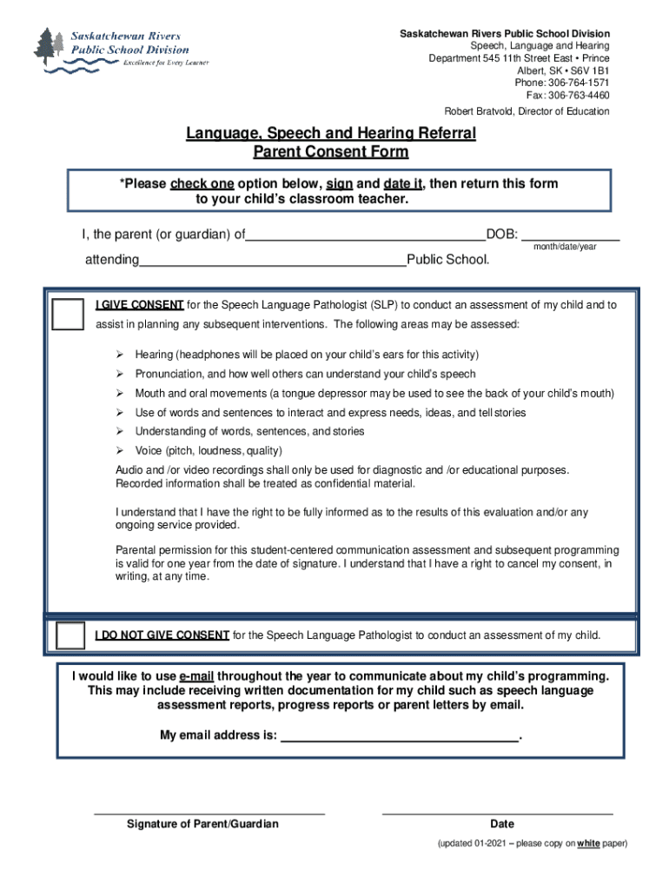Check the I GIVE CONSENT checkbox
[68, 314]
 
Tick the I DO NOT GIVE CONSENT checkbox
[70, 635]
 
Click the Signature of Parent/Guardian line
[209, 812]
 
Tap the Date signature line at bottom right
[498, 812]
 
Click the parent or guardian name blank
[366, 235]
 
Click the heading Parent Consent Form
[330, 152]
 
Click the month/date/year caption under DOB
[565, 248]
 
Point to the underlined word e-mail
[196, 676]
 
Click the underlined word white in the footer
[589, 843]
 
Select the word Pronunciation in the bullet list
[168, 374]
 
